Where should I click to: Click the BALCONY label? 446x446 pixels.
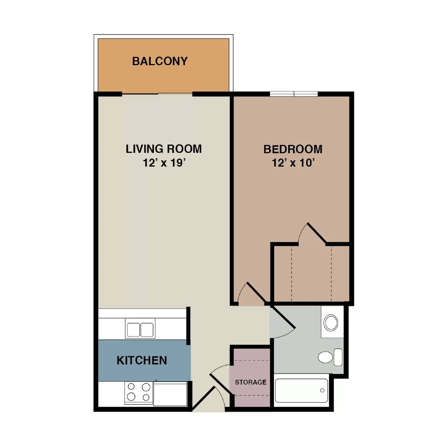click(160, 61)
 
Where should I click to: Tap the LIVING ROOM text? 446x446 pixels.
click(164, 149)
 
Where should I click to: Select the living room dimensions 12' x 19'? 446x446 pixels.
click(164, 163)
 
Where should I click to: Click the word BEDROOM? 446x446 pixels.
click(293, 149)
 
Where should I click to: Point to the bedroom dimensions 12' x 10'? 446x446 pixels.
click(293, 163)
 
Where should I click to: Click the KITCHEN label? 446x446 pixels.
click(142, 360)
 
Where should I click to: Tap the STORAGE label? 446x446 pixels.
click(251, 382)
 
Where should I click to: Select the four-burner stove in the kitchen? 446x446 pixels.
click(139, 392)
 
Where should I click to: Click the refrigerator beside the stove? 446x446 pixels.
click(170, 394)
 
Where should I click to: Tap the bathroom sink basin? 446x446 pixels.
click(331, 323)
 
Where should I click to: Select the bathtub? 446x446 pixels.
click(301, 390)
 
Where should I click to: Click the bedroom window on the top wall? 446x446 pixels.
click(294, 94)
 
